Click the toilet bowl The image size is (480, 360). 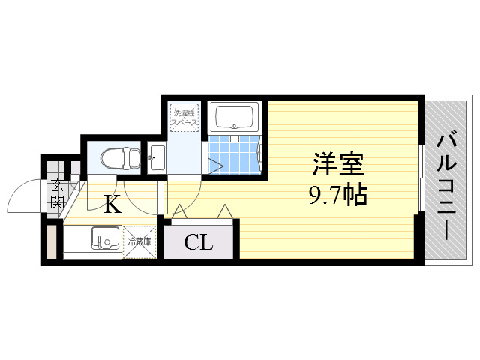pyautogui.click(x=115, y=158)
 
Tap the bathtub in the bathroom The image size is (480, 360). pyautogui.click(x=235, y=117)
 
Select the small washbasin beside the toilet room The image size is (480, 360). pyautogui.click(x=156, y=157)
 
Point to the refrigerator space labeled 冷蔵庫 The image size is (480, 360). pyautogui.click(x=139, y=241)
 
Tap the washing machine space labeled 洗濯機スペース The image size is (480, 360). pyautogui.click(x=183, y=117)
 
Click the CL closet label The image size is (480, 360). pyautogui.click(x=199, y=242)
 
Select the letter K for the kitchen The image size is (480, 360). pyautogui.click(x=112, y=204)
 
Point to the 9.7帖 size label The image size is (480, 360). pyautogui.click(x=337, y=196)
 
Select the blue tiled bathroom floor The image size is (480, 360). pyautogui.click(x=234, y=154)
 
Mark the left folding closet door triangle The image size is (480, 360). pyautogui.click(x=180, y=213)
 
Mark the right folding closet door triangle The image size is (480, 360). pyautogui.click(x=224, y=212)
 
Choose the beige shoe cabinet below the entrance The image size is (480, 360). pyautogui.click(x=51, y=241)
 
